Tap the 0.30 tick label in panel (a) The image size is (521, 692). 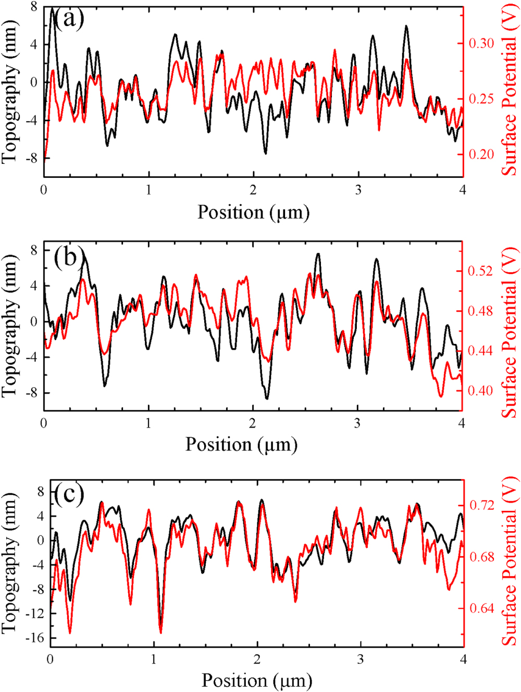[481, 43]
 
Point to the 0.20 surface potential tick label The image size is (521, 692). [481, 154]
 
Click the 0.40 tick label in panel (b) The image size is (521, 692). [481, 390]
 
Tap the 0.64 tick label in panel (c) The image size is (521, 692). [482, 608]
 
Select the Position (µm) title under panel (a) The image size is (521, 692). [253, 213]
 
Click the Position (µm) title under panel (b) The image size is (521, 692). [241, 445]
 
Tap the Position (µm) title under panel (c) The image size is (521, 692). [257, 681]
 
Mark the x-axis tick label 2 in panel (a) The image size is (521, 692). [253, 191]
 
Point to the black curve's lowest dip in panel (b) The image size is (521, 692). [267, 399]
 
